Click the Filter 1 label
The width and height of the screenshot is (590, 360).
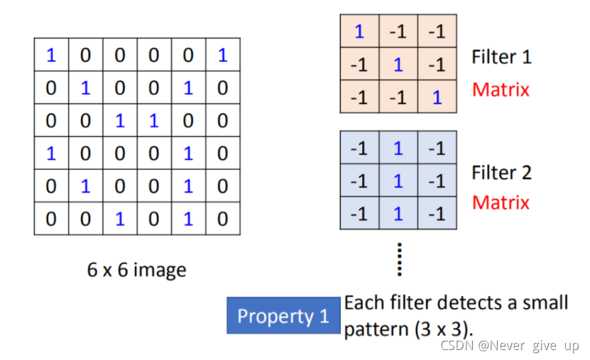click(x=501, y=57)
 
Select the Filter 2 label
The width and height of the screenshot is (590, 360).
click(x=501, y=173)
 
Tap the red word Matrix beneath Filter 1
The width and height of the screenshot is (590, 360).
click(x=501, y=89)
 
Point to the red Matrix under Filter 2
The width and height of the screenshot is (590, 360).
click(x=501, y=203)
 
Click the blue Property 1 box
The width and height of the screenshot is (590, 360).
click(x=283, y=316)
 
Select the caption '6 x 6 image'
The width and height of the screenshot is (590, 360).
click(x=137, y=270)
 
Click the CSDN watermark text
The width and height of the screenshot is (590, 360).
click(x=509, y=346)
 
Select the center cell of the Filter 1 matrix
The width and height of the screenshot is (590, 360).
click(x=398, y=65)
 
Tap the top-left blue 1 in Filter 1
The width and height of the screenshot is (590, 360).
click(x=359, y=31)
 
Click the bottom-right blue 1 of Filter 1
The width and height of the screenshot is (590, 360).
click(x=437, y=97)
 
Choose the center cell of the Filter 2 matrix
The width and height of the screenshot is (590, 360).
click(x=398, y=181)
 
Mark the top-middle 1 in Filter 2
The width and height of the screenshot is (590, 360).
click(x=398, y=148)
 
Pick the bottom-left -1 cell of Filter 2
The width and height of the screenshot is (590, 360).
click(x=359, y=214)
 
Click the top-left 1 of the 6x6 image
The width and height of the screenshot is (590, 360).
click(x=51, y=55)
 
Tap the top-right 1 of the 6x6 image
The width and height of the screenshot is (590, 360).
click(x=223, y=55)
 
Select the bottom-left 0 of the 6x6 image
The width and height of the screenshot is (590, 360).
click(x=51, y=219)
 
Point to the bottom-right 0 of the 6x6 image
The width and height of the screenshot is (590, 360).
click(x=223, y=219)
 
